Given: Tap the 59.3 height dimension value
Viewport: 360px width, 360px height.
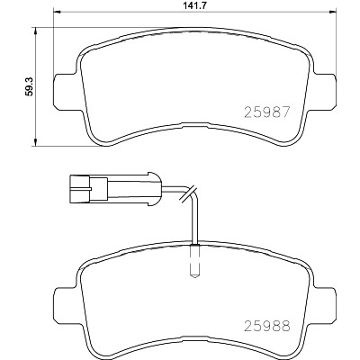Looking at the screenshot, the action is coord(29,86).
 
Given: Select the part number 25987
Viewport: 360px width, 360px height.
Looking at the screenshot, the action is coord(267,112).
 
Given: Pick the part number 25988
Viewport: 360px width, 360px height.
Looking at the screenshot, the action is coord(267,326).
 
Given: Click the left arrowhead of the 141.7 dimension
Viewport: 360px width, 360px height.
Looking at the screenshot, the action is coord(57,13).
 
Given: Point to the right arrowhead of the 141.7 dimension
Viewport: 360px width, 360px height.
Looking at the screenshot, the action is coord(332,13).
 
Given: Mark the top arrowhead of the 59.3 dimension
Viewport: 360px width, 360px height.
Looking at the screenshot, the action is coord(36,31).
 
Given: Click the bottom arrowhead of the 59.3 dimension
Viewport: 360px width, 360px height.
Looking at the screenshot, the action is coord(36,143).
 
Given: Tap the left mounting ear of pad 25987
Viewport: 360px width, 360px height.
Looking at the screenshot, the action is coord(65,91).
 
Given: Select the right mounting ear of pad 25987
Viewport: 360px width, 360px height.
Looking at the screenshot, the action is coord(325,91).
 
